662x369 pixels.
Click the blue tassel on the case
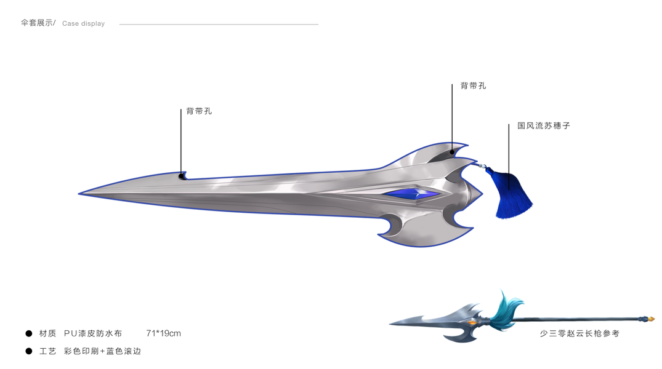(x=509, y=195)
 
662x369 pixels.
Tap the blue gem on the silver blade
(x=412, y=194)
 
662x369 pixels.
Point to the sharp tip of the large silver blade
(x=81, y=194)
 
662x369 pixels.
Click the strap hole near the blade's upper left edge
(x=182, y=177)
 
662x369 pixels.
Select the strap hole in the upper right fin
(x=452, y=151)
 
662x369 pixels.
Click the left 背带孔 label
(x=199, y=112)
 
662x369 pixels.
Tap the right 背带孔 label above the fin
(x=473, y=86)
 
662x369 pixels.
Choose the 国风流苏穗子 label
(x=544, y=125)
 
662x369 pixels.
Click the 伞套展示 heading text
(x=37, y=23)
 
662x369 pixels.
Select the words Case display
(x=84, y=24)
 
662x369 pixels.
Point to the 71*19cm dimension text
(x=164, y=333)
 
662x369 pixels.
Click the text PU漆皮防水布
(x=93, y=333)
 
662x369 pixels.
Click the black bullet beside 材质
(x=28, y=333)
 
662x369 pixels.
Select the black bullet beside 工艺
(x=28, y=351)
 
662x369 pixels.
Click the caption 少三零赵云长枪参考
(x=579, y=333)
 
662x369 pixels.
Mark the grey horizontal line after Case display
(x=219, y=25)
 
